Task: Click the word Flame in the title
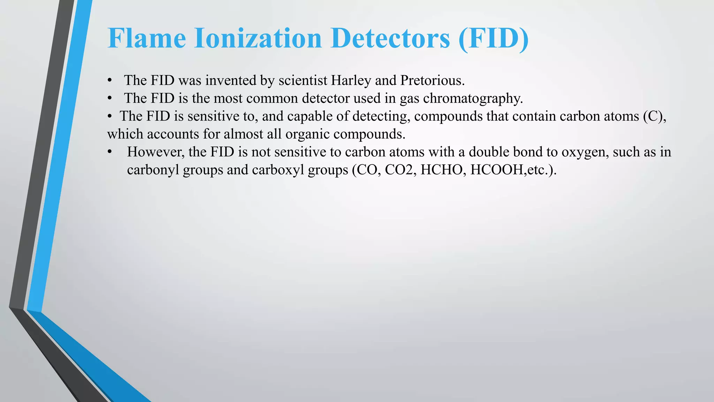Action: [x=147, y=38]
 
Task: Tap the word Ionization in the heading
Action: [x=258, y=38]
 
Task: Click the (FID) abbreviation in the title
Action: [x=494, y=38]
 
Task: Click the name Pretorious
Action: [x=432, y=81]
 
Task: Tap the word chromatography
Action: [x=473, y=99]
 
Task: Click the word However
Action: [x=155, y=152]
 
